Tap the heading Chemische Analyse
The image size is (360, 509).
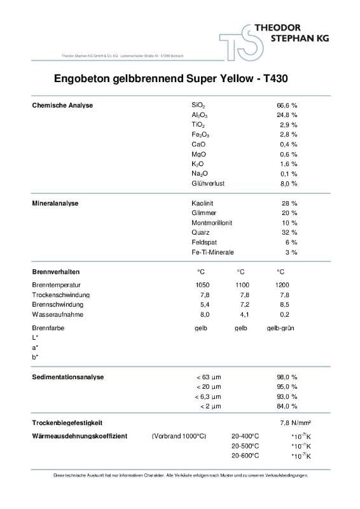click(62, 105)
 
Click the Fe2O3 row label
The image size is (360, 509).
click(200, 135)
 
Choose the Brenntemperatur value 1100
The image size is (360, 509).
click(242, 285)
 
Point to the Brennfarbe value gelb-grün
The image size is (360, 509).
click(279, 328)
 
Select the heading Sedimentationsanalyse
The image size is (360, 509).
click(67, 377)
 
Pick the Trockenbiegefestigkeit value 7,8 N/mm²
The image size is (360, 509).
click(295, 423)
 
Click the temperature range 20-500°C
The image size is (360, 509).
click(245, 446)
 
